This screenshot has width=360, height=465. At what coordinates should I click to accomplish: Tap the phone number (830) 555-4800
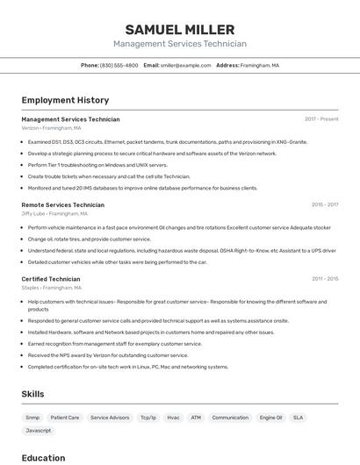tap(119, 65)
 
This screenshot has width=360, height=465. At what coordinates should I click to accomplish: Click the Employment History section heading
tap(65, 100)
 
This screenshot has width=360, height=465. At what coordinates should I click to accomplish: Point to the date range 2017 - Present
tap(321, 119)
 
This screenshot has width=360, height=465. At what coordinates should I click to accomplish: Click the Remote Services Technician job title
tap(62, 204)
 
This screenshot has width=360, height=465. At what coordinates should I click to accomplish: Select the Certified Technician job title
tap(50, 279)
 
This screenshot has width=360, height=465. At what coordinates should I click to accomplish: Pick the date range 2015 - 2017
tap(324, 204)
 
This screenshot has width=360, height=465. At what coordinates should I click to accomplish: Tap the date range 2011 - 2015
tap(324, 279)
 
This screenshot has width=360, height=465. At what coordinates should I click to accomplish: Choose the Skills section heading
tap(32, 394)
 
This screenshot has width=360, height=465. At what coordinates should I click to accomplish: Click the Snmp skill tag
tap(32, 418)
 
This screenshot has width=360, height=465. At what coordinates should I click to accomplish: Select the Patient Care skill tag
tap(65, 418)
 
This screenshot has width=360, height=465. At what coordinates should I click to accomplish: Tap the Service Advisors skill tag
tap(110, 418)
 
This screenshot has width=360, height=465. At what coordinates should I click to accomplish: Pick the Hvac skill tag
tap(173, 418)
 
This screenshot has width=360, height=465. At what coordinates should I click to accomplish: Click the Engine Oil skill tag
tap(270, 418)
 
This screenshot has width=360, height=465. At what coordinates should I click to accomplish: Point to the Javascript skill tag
tap(39, 431)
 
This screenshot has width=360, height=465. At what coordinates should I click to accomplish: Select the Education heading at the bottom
tap(43, 457)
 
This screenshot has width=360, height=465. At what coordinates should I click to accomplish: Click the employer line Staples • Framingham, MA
tap(51, 288)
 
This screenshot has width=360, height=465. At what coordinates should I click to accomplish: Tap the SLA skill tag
tap(299, 418)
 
